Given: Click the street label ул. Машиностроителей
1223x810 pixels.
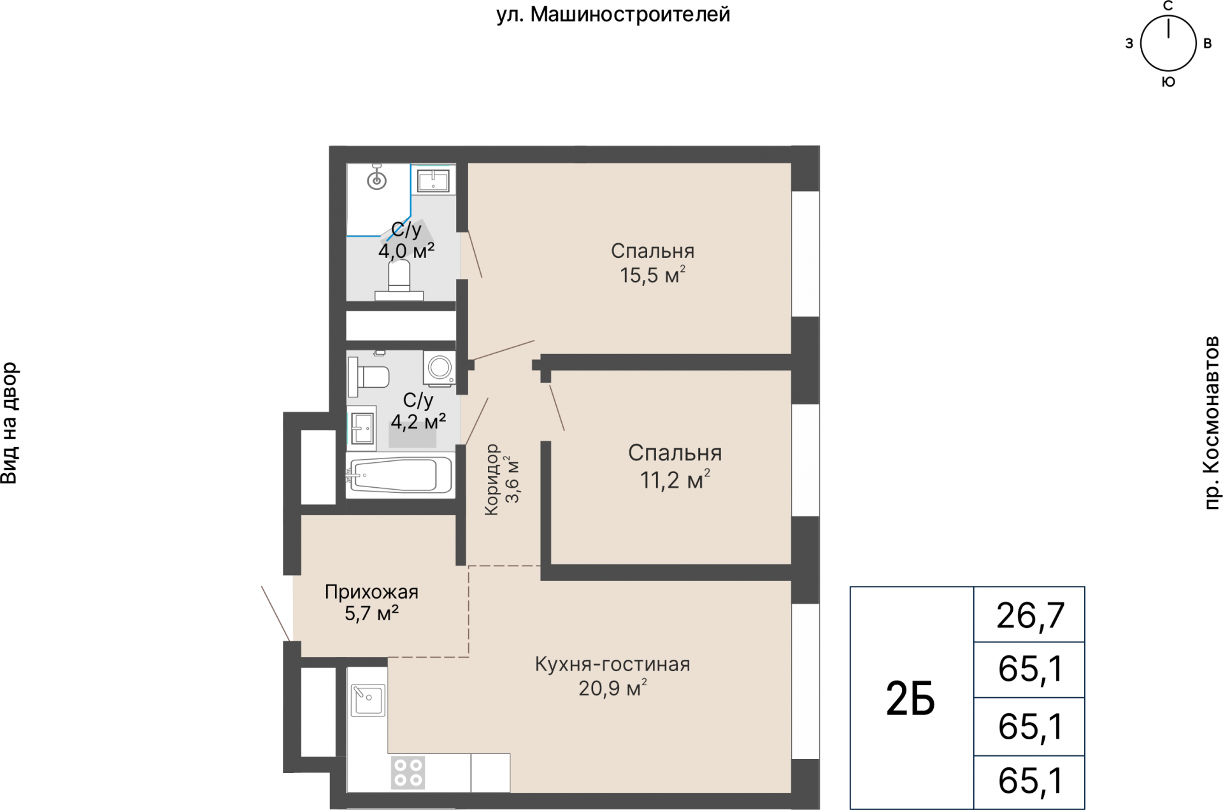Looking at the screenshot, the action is pos(613,14).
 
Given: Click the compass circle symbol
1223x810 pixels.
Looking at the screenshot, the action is pos(1168,44).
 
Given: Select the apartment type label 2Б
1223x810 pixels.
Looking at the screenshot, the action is pos(910,699).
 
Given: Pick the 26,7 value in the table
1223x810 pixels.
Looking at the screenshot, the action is pos(1030,615).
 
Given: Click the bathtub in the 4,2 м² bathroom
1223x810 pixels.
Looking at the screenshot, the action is pos(399,475).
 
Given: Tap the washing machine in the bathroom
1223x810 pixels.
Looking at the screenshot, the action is pos(439,368).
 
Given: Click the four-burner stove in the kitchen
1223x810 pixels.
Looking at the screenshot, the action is pos(408,772).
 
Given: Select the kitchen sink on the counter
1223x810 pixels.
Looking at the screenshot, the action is pos(368,700).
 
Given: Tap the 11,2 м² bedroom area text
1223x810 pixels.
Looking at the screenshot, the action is pos(675,480).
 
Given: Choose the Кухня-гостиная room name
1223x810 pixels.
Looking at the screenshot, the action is pos(612,664).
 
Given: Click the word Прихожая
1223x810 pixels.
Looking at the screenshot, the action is pos(371,592).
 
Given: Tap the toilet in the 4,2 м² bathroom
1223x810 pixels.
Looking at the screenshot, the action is pos(369,376).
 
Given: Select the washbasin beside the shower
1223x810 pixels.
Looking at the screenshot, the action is pos(433,180).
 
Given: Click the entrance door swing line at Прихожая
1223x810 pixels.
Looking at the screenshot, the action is pos(276,613).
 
